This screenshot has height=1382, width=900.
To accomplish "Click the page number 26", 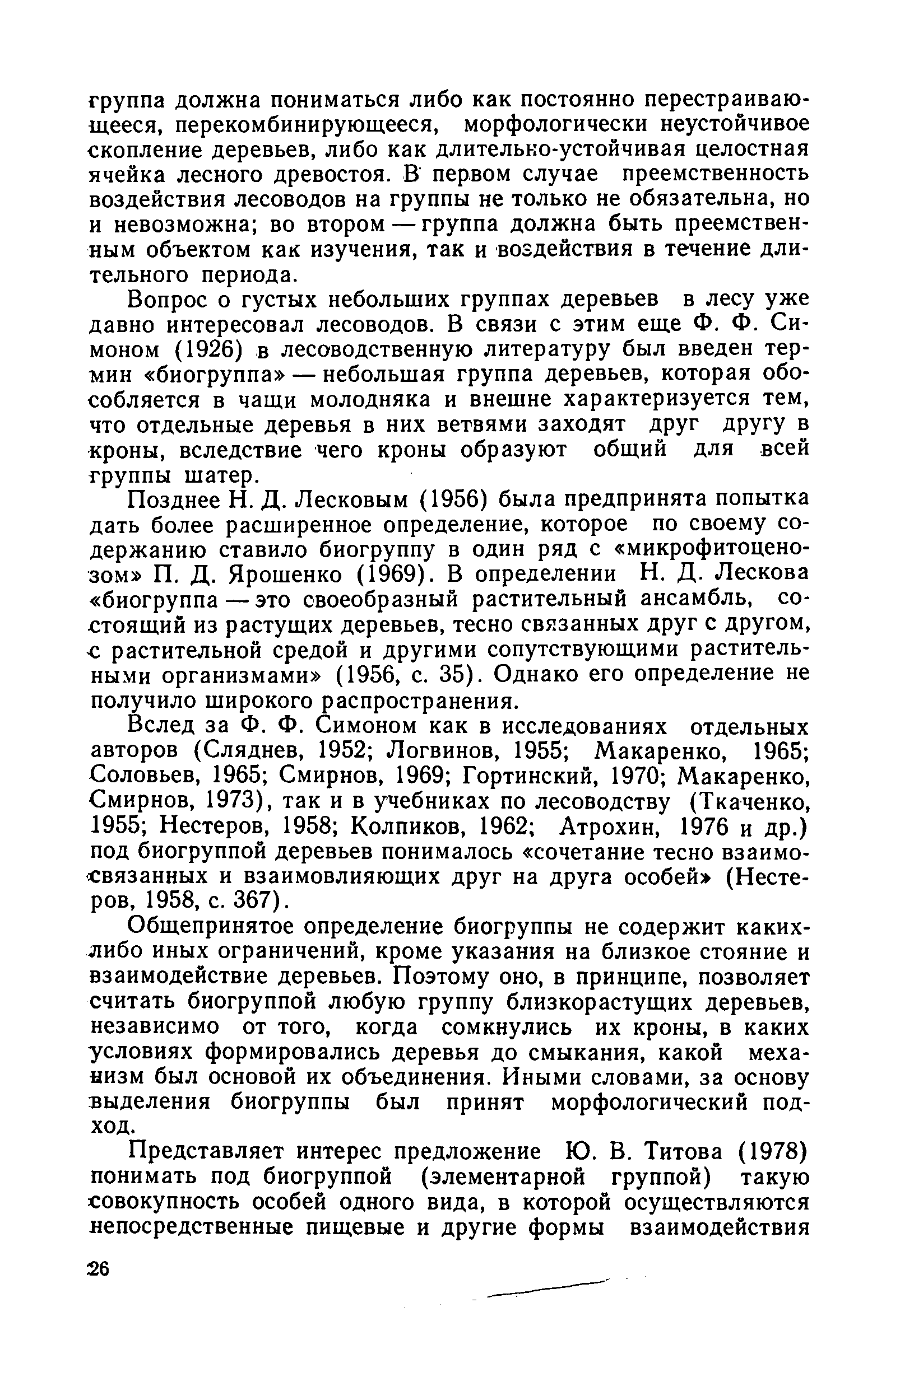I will [x=99, y=1269].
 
